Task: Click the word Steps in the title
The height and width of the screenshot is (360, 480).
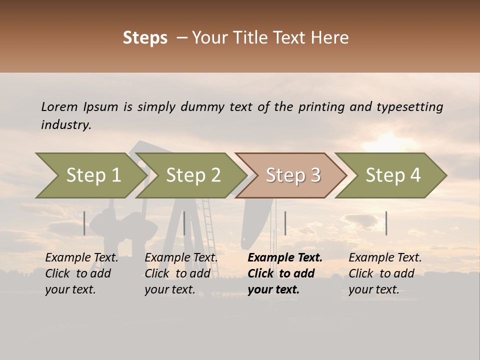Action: coord(145,38)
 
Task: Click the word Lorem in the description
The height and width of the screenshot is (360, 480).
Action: coord(59,107)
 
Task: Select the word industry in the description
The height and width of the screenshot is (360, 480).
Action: coord(66,125)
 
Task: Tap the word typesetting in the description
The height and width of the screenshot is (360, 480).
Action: coord(409,107)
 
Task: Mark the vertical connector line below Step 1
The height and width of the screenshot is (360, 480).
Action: coord(84,223)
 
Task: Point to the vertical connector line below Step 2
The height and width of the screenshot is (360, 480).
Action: coord(184,223)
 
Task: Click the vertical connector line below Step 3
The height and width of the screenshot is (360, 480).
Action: coord(285,223)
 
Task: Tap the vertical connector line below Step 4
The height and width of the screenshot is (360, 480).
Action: coord(386,223)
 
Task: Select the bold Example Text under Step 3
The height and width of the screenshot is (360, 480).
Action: coord(285,258)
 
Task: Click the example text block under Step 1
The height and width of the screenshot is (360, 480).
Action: coord(81,273)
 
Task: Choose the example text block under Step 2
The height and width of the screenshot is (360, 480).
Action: coord(181,273)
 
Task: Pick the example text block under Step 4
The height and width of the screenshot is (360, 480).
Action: coord(385,273)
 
